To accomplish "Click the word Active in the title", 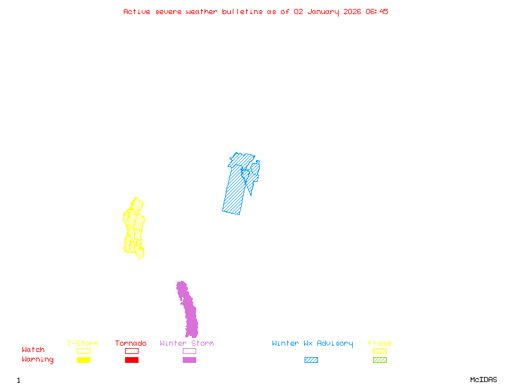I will click(x=137, y=12).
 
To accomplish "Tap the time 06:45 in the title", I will click(x=378, y=12).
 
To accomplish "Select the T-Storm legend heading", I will click(x=83, y=344).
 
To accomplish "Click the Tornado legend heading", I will click(x=131, y=344).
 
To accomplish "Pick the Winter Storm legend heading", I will click(x=187, y=344).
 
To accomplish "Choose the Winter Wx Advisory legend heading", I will click(x=312, y=344).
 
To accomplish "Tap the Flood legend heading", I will click(x=380, y=344).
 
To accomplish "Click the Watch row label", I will click(x=33, y=350).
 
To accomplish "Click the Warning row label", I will click(x=38, y=360).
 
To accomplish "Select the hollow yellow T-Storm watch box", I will click(x=83, y=351).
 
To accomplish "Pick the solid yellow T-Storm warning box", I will click(x=83, y=360).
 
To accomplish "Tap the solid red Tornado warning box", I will click(x=131, y=360).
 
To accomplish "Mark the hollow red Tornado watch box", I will click(x=131, y=351).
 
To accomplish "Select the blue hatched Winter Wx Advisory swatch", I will click(x=311, y=360).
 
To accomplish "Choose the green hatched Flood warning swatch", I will click(x=380, y=360).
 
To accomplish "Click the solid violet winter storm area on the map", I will click(x=189, y=314).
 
